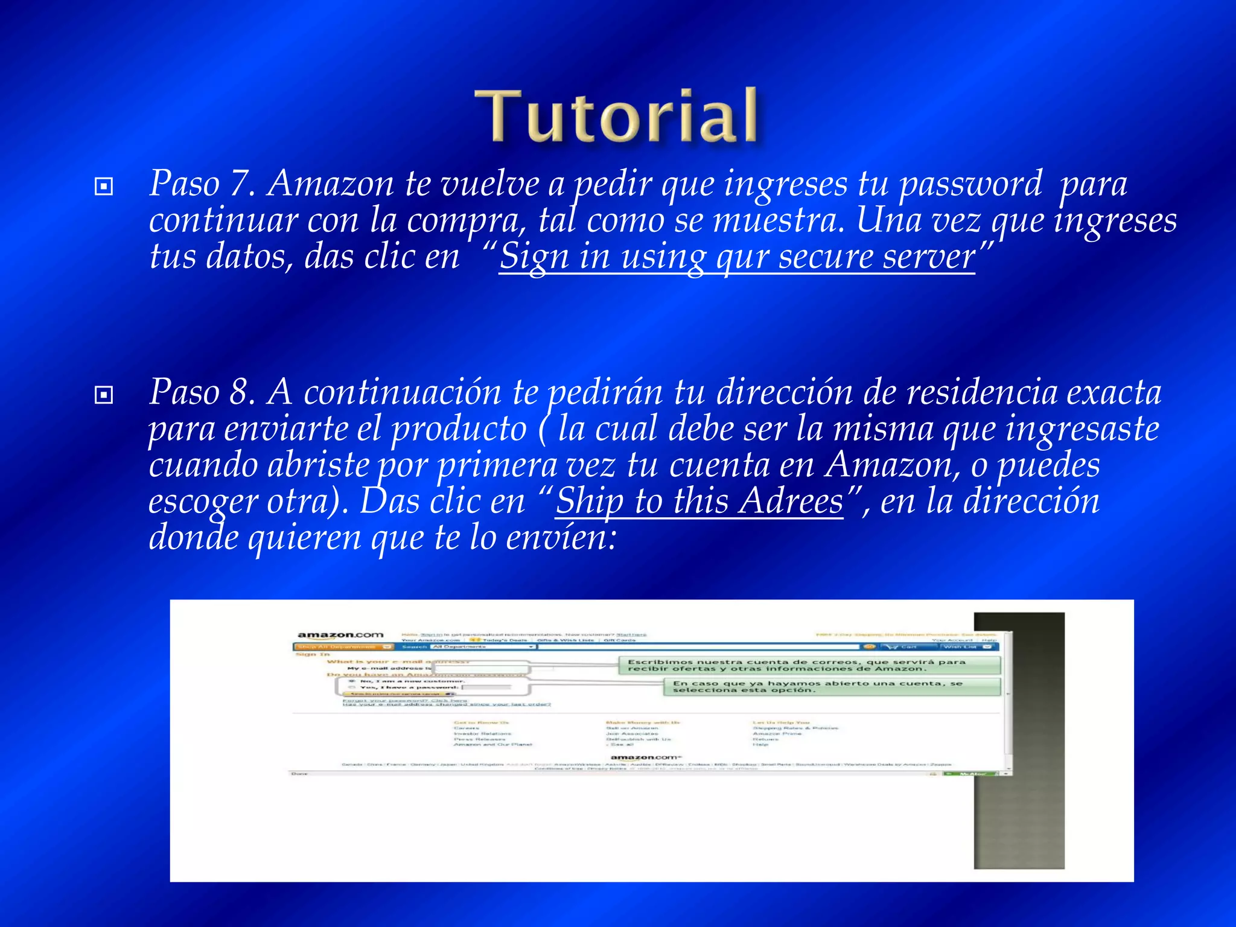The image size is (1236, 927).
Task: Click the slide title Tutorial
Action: [x=616, y=115]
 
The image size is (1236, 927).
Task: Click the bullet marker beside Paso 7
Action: [x=104, y=186]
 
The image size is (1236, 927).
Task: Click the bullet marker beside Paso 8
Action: [x=104, y=395]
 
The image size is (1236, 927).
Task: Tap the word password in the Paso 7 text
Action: [x=970, y=183]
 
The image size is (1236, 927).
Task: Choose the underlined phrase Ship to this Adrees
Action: [x=699, y=502]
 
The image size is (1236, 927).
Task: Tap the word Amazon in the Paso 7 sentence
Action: [x=330, y=183]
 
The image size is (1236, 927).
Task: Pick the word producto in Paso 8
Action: [x=459, y=429]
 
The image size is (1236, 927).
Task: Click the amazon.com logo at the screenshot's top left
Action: [x=340, y=635]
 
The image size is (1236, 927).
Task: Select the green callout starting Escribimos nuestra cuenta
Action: [x=809, y=666]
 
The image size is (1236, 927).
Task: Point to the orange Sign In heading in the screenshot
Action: [x=313, y=654]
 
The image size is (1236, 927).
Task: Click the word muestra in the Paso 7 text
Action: [x=778, y=220]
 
